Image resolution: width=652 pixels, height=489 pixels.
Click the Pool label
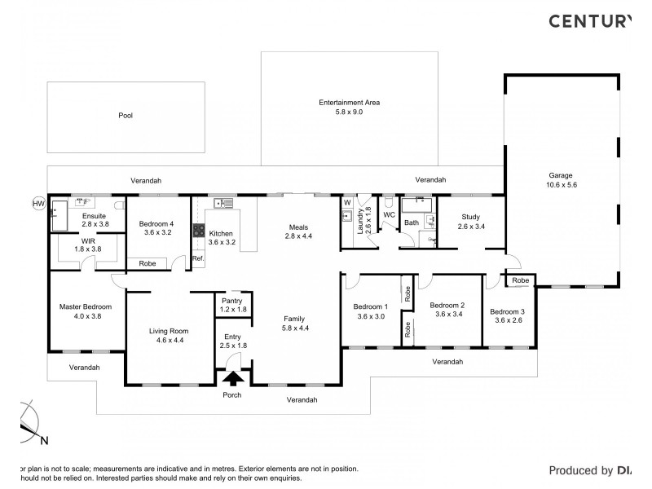click(x=125, y=116)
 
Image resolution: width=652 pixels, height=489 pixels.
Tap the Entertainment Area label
click(x=349, y=103)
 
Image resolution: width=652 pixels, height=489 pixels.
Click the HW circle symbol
click(x=37, y=203)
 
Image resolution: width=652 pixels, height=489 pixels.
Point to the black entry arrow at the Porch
click(x=233, y=378)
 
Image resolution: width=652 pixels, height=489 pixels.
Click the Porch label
click(x=233, y=395)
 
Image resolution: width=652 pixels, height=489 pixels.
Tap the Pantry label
click(x=233, y=301)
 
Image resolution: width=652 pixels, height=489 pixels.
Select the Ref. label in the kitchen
click(x=197, y=259)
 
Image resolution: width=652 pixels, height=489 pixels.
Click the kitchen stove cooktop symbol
click(x=197, y=231)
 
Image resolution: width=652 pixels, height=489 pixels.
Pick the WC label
click(x=389, y=216)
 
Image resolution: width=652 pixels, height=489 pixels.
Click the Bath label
click(x=412, y=222)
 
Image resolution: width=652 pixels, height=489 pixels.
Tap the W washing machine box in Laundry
click(x=346, y=202)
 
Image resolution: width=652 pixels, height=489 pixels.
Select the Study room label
click(x=470, y=217)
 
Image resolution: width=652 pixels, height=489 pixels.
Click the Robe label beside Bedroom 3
click(x=520, y=280)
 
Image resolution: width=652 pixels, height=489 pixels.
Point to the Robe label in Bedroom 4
click(x=148, y=263)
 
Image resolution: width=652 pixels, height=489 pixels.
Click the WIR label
click(x=89, y=241)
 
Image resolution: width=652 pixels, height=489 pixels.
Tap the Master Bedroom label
click(x=86, y=307)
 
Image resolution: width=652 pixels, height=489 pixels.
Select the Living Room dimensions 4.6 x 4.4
click(x=169, y=341)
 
